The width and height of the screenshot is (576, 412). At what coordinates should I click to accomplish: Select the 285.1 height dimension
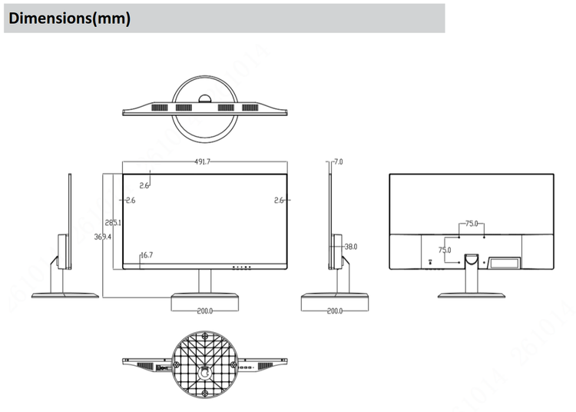coord(114,222)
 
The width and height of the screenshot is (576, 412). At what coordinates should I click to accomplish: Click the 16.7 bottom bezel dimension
coord(146,254)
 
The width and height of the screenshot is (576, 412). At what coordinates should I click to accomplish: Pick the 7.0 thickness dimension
coord(339,162)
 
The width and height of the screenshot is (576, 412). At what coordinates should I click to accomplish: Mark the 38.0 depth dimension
coord(350,247)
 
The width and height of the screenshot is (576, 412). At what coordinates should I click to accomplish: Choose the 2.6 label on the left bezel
coord(130,201)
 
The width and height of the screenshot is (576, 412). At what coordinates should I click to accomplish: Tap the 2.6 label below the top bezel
coord(145,185)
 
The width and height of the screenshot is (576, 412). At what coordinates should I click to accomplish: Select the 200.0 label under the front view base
coord(205,311)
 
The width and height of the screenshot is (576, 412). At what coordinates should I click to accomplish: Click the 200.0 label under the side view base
coord(335,311)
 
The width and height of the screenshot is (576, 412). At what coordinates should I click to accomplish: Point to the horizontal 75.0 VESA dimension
coord(471,224)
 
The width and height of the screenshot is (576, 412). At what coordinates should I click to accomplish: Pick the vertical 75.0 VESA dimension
coord(445,250)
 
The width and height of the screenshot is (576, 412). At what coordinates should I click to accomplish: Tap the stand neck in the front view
coord(205,281)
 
